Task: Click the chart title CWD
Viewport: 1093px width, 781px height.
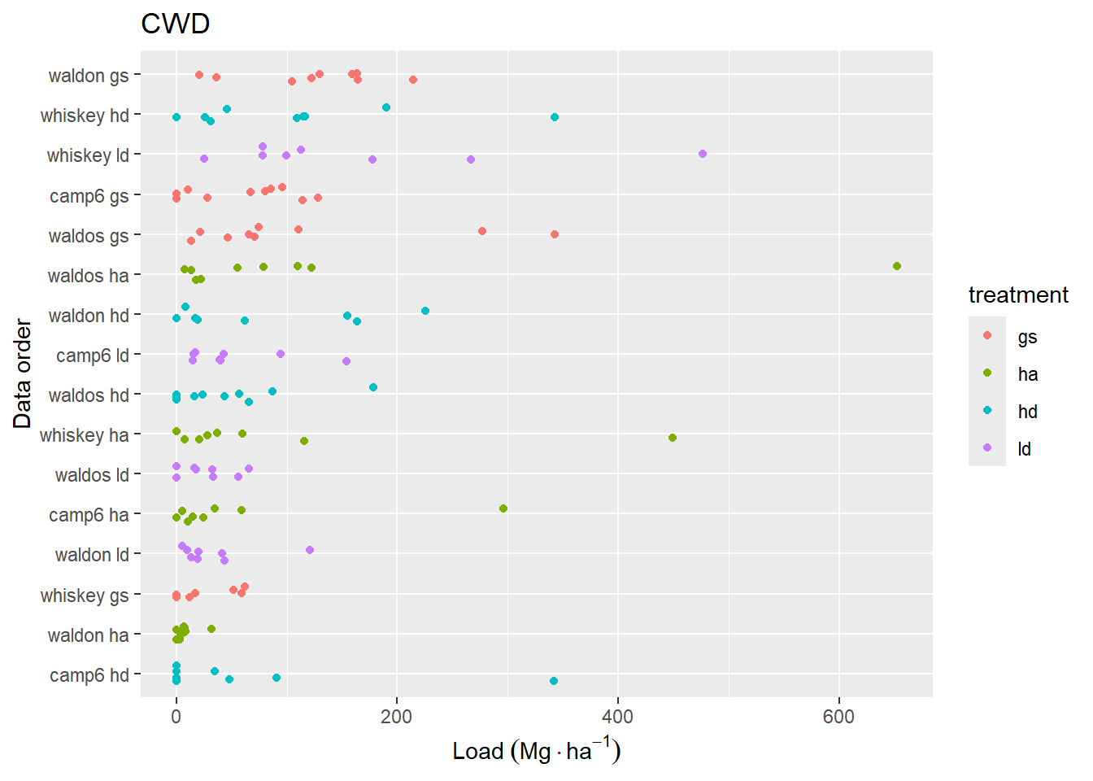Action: tap(175, 24)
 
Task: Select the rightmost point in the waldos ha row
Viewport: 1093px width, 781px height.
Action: tap(896, 266)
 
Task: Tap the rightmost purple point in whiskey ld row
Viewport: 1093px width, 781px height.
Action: tap(703, 154)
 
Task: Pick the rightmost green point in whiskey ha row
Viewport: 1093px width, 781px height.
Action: tap(673, 438)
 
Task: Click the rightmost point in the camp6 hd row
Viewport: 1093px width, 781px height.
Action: tap(554, 681)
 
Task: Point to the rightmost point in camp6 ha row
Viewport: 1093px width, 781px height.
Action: tap(503, 508)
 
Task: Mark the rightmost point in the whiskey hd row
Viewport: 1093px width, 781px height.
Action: tap(555, 117)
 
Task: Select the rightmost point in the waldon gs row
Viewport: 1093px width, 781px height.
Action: tap(413, 80)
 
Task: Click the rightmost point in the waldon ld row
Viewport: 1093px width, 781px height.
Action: tap(310, 550)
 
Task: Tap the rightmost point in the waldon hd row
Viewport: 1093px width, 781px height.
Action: tap(425, 311)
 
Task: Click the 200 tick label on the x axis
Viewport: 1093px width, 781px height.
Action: tap(397, 717)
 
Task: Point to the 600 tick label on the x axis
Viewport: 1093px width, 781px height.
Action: tap(838, 717)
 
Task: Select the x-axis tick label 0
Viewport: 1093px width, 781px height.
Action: tap(176, 717)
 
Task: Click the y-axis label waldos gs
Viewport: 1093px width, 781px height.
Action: tap(89, 236)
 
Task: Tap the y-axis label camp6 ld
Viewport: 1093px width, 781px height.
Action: tap(93, 356)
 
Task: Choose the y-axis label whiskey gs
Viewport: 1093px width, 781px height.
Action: tap(85, 596)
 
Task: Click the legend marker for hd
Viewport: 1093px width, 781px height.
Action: tap(987, 411)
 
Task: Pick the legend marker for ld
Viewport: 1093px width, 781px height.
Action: tap(987, 448)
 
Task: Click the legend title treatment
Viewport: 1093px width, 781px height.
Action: tap(1018, 295)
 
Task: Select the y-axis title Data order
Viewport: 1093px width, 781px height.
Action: tap(22, 374)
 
